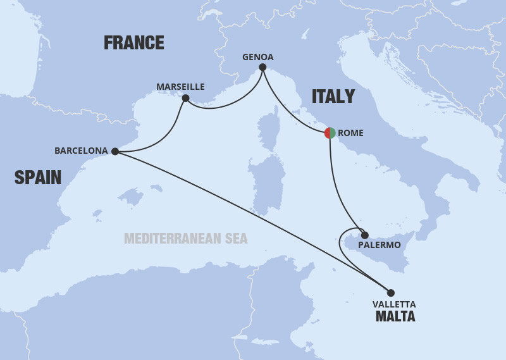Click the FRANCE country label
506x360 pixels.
tap(133, 43)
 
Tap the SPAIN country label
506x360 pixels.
tap(38, 178)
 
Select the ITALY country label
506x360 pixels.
tap(333, 97)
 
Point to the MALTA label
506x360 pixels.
tap(395, 316)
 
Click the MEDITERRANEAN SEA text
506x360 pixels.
tap(185, 239)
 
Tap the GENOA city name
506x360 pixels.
tap(258, 57)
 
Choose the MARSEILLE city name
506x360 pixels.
tap(182, 87)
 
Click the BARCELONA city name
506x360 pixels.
tap(81, 151)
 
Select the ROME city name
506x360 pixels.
tap(350, 133)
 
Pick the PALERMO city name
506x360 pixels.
tap(379, 245)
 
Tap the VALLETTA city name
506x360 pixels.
tap(395, 304)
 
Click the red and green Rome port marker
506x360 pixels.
tap(330, 133)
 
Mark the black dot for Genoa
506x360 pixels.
tap(262, 67)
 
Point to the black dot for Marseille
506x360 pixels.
tap(185, 98)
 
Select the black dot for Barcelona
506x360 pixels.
tap(114, 151)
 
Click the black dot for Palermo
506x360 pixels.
tap(364, 235)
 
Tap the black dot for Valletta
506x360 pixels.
tap(390, 292)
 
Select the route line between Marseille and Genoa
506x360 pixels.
tap(221, 106)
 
